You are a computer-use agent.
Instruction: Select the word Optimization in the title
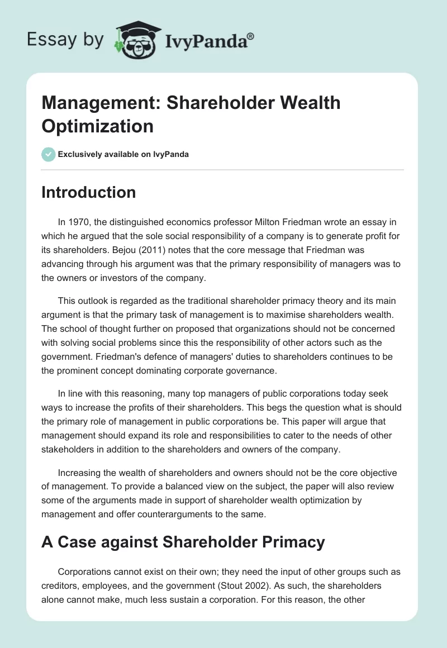(x=98, y=126)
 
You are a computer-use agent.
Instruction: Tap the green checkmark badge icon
(x=49, y=154)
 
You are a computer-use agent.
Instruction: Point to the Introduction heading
(x=88, y=192)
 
